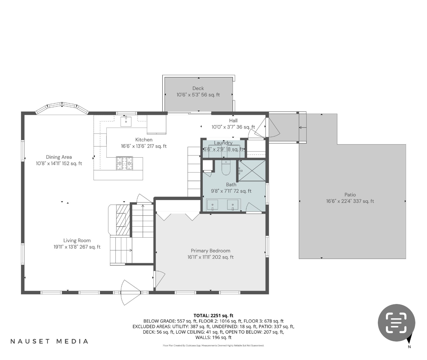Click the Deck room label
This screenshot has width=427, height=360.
198,88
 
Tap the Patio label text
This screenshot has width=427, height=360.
350,195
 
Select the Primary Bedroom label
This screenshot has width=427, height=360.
210,251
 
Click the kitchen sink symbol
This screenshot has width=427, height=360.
126,121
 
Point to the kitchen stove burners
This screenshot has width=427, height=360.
125,163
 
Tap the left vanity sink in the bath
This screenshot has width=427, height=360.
212,205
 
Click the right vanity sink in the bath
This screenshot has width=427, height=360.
233,205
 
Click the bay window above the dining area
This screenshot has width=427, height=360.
61,108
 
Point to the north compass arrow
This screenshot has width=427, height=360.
409,340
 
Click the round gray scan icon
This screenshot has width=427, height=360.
396,323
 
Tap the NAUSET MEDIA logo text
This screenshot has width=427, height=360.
49,341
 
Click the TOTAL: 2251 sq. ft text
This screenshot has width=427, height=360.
213,315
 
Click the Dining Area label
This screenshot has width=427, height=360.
59,157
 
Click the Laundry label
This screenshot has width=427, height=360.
223,143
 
